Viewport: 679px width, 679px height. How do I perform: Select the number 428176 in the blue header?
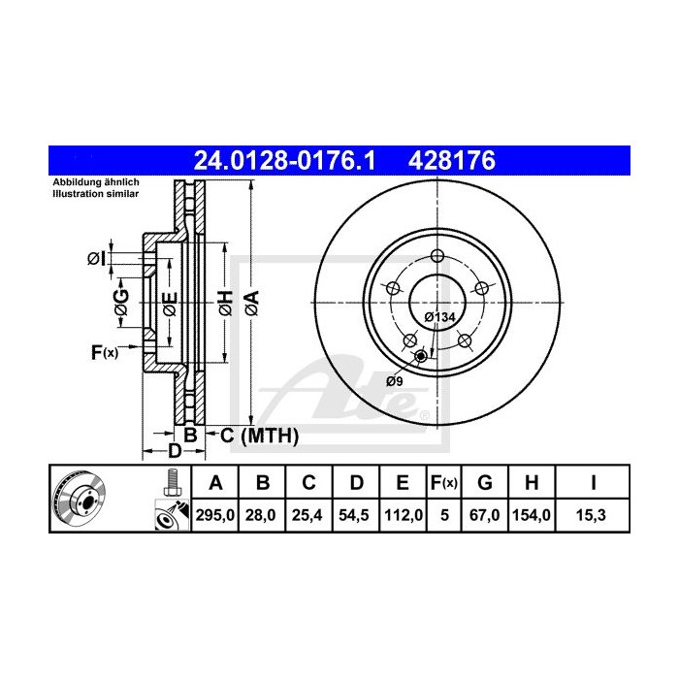[453, 159]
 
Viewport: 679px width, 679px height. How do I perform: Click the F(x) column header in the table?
[443, 482]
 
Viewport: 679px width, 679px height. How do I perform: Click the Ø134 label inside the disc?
[439, 317]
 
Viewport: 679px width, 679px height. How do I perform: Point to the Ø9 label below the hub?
[395, 379]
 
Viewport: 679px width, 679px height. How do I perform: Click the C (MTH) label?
[252, 436]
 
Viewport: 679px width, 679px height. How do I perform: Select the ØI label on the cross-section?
[95, 258]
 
